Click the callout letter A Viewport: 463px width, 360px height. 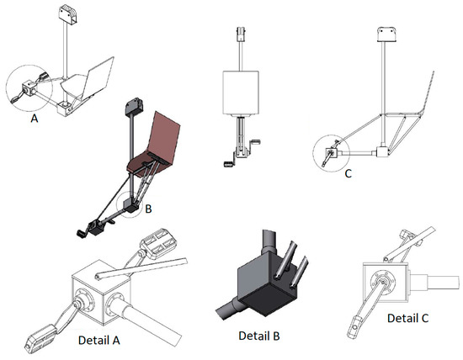35,119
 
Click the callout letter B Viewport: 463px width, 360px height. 148,209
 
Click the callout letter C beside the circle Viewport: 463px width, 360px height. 349,173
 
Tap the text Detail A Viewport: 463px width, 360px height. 99,340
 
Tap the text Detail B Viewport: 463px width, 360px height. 259,336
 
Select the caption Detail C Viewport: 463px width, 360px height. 407,318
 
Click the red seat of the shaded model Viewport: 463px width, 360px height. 157,145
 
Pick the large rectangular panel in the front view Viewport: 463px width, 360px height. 241,93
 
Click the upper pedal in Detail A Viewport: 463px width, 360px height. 157,243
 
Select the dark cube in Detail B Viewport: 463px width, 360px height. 266,283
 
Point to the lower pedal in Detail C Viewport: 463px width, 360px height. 354,327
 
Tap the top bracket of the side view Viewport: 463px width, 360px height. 386,34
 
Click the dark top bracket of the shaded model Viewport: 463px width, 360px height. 135,107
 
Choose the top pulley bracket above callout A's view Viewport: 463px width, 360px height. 68,13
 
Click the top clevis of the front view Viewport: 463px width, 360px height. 241,34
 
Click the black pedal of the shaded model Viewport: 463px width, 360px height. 81,233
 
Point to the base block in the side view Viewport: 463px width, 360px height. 382,152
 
